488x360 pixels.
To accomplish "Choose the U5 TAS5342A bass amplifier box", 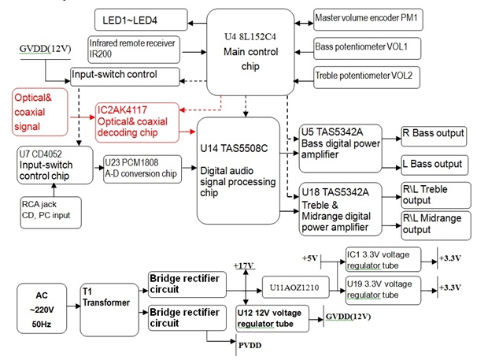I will click(339, 146).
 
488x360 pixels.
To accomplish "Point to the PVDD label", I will click(250, 344).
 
